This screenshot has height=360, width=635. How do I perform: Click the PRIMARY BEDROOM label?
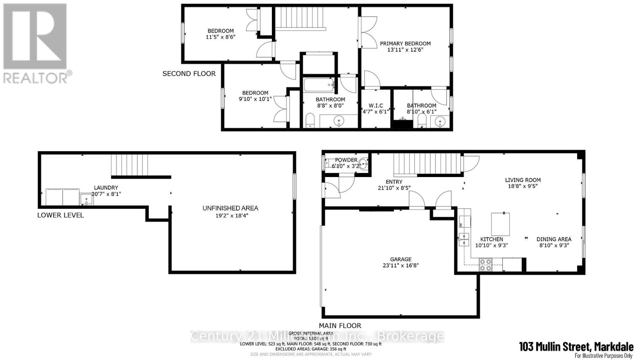(405, 44)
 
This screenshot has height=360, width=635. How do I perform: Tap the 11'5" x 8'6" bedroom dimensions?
(221, 37)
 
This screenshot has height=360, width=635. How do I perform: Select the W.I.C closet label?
(376, 106)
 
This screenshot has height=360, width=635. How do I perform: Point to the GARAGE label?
(400, 259)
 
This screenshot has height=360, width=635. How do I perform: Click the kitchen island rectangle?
(500, 224)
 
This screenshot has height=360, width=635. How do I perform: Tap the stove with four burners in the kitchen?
(485, 265)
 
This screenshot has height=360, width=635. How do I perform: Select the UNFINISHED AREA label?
(230, 208)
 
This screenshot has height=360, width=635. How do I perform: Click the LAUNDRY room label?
(106, 188)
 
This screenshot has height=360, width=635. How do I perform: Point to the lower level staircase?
(129, 165)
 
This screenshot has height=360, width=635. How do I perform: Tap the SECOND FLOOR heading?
(189, 73)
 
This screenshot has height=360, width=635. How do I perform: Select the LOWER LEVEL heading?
(60, 215)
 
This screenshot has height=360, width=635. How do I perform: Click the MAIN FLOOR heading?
(340, 325)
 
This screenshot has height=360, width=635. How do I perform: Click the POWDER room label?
(346, 160)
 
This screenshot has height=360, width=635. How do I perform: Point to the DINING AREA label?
(554, 239)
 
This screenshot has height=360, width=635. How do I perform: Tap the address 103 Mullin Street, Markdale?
(576, 347)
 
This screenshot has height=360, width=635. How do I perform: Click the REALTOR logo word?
(35, 77)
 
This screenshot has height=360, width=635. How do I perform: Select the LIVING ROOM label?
(523, 180)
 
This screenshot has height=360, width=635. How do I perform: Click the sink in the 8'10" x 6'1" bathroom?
(440, 121)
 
